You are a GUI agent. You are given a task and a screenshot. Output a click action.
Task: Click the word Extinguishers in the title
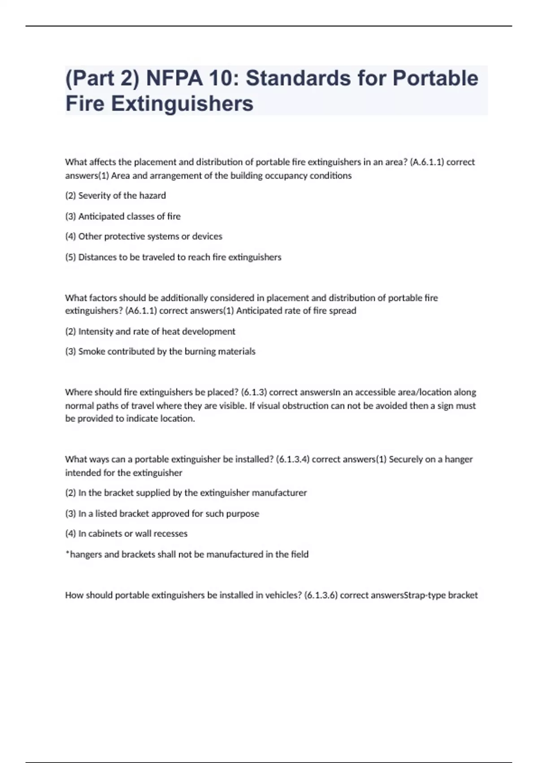[x=182, y=103]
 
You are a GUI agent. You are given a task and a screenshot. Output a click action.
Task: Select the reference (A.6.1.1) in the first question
[x=427, y=162]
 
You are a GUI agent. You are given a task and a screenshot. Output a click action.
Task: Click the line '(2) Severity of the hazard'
[x=116, y=196]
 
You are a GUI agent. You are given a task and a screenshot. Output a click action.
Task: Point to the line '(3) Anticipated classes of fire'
[x=123, y=216]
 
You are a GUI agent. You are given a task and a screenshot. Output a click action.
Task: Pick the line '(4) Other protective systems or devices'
[x=143, y=237]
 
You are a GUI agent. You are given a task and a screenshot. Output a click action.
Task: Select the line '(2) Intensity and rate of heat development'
[x=150, y=332]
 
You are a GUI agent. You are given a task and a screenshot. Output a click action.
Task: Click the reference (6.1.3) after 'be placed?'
[x=254, y=392]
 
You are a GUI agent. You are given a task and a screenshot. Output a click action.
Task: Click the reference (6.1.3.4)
[x=292, y=460]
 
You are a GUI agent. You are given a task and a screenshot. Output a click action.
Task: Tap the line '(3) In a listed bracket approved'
[x=162, y=513]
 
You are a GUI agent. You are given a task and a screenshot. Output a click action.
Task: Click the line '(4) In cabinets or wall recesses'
[x=126, y=534]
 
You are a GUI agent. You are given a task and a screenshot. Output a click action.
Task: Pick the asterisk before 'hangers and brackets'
[x=67, y=553]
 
